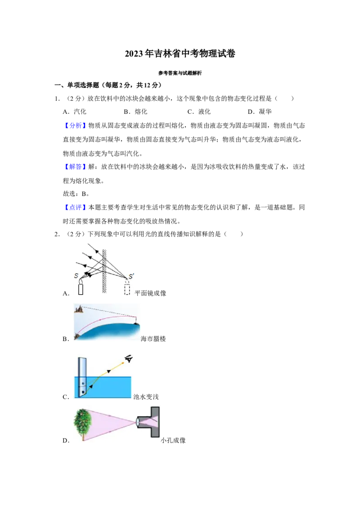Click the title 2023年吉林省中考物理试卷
[180, 54]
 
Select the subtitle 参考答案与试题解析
[180, 73]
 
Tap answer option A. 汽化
[74, 112]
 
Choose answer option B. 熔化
[135, 112]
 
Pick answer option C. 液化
[199, 112]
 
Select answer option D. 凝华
[260, 112]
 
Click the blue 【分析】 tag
[75, 125]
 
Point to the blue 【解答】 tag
[75, 167]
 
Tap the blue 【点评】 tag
[75, 207]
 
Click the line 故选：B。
[76, 194]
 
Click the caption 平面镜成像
[150, 293]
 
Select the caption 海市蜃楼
[153, 339]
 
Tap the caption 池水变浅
[146, 397]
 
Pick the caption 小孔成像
[173, 441]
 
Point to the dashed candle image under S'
[127, 288]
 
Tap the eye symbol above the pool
[129, 359]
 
